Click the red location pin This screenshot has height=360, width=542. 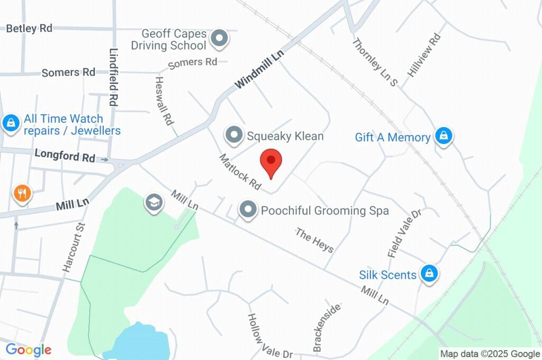tap(271, 162)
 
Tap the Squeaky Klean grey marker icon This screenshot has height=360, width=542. tap(233, 136)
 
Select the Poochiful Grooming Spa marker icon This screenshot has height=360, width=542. tap(248, 210)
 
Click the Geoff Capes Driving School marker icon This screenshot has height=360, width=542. tap(219, 38)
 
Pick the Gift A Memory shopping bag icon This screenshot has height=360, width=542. tap(444, 136)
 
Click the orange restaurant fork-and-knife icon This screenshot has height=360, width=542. tap(22, 194)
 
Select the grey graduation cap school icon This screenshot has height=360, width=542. tap(153, 202)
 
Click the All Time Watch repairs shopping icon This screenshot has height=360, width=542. tap(11, 124)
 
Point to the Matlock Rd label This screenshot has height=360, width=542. tap(241, 172)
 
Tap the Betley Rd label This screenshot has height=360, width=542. tap(29, 29)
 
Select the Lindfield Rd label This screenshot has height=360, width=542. tap(113, 77)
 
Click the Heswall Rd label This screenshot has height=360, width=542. tap(164, 100)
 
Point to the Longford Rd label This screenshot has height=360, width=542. tap(65, 156)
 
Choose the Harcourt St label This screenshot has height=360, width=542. tap(74, 247)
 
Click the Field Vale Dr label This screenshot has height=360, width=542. tap(404, 233)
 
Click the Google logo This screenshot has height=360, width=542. tap(29, 349)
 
